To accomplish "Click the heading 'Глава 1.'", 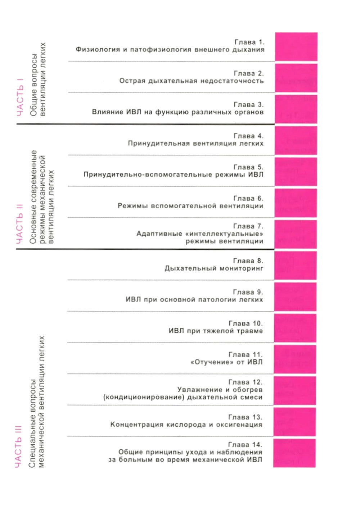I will (x=249, y=42).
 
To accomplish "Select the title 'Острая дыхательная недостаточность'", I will (x=192, y=81).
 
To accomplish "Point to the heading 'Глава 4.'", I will (x=248, y=136).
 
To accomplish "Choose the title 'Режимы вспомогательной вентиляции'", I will (x=190, y=206).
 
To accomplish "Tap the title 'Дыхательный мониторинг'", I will (x=214, y=268).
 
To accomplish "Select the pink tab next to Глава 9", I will (x=295, y=297).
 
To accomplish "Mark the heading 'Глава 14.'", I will (x=245, y=445).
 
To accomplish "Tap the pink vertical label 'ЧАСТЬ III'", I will (x=18, y=446).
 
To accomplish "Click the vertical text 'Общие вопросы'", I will (x=34, y=85).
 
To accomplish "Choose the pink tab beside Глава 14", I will (x=294, y=453).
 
